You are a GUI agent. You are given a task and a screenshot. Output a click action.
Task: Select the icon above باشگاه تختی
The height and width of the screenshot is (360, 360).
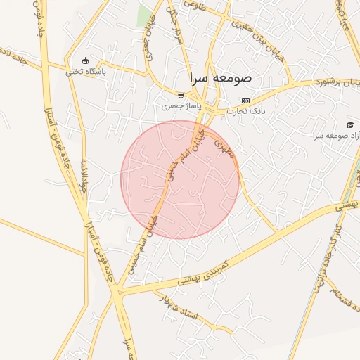(x=86, y=60)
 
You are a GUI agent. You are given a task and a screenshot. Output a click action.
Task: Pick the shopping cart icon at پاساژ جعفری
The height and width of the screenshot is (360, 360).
(x=181, y=96)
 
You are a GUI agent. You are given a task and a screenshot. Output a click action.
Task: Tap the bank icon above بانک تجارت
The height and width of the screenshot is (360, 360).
(x=245, y=101)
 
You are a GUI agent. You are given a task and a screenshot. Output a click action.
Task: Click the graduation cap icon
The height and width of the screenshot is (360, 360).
(x=351, y=124)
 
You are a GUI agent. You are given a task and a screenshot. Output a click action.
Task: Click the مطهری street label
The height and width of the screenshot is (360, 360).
(x=223, y=147)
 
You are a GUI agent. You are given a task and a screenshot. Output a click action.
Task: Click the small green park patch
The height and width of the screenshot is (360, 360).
(x=145, y=15)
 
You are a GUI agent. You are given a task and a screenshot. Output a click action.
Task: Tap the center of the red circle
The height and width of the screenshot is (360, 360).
(x=180, y=179)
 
